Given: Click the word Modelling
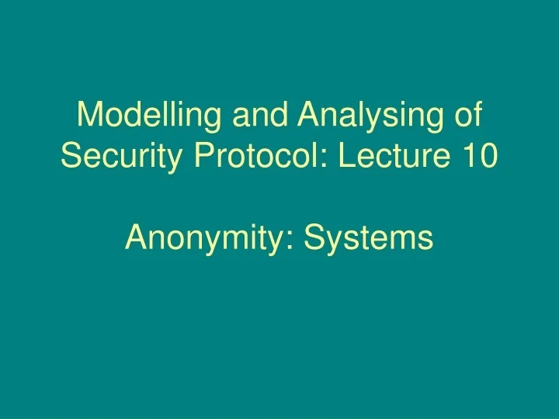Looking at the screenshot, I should pos(144,116).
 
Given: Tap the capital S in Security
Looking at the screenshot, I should pos(71,157).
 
